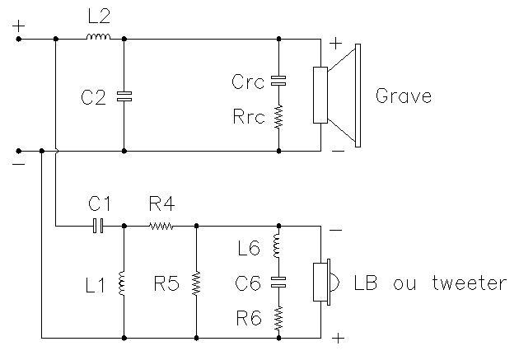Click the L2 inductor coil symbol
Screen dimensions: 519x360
point(98,37)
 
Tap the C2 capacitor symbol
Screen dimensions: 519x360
point(124,96)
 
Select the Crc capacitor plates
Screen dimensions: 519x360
point(278,81)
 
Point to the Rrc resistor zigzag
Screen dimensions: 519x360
point(278,117)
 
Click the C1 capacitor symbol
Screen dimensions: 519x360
point(98,226)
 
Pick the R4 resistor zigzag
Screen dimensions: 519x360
point(161,227)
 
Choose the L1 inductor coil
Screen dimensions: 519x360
point(121,283)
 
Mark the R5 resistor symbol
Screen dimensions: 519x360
point(196,283)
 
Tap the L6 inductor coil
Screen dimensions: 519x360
point(276,245)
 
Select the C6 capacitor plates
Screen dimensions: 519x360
point(278,283)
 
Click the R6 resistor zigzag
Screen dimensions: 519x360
point(278,318)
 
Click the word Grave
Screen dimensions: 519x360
point(404,96)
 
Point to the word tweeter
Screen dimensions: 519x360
point(469,283)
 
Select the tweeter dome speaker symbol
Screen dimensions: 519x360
point(326,283)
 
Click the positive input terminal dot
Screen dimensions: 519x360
point(19,39)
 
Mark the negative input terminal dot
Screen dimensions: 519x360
point(19,151)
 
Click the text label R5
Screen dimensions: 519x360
point(166,283)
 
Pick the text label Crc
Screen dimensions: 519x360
point(248,82)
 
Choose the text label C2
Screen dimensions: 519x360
point(93,97)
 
